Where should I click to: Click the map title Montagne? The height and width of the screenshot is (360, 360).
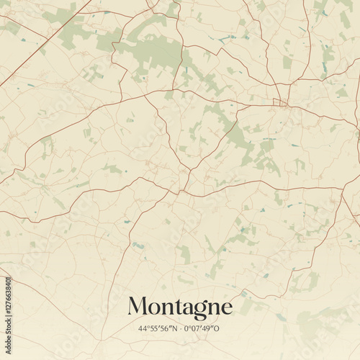[x=180, y=307]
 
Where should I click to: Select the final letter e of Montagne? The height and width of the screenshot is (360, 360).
[x=225, y=309]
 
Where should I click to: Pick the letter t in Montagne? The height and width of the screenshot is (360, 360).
[x=174, y=307]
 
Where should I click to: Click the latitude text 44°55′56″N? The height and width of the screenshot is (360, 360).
[x=158, y=329]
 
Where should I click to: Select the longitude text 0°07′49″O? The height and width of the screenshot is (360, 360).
[x=204, y=329]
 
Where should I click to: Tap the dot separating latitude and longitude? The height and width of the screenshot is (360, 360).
[x=180, y=329]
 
